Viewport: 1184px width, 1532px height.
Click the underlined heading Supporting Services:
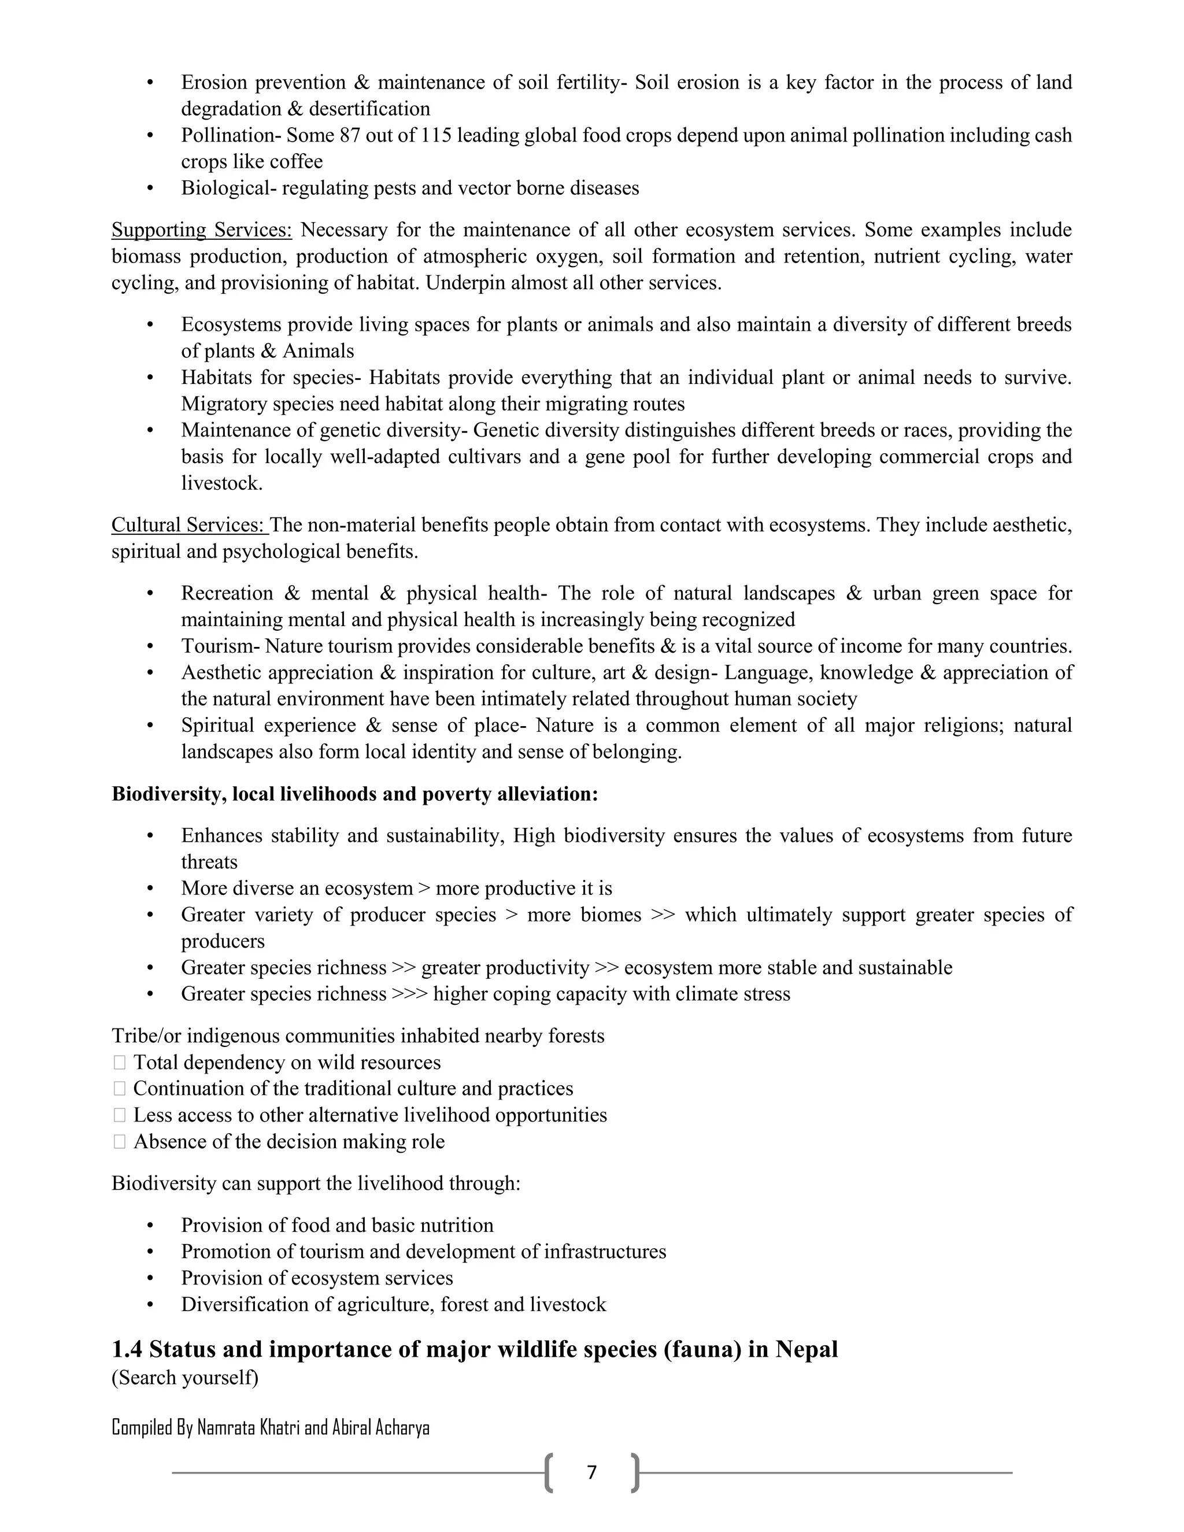(x=201, y=230)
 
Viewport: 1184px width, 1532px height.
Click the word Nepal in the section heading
(x=806, y=1349)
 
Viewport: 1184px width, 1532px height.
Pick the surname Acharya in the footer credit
(x=402, y=1427)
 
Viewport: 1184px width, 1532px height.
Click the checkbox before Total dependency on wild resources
(x=119, y=1063)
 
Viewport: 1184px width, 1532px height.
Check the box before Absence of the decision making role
(x=119, y=1142)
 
